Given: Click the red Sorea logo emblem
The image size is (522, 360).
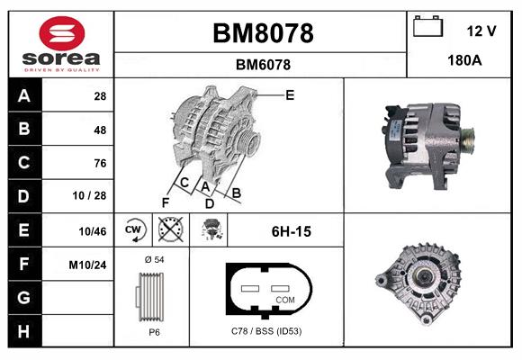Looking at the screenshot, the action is tap(62, 33).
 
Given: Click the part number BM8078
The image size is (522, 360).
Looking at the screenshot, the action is tap(263, 33).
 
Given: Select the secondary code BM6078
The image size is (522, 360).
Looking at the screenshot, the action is tap(263, 65).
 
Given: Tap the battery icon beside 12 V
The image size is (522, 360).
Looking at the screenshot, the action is tap(428, 26).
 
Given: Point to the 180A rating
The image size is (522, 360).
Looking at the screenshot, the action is tap(464, 60).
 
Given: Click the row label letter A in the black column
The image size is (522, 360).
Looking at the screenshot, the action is tap(24, 96).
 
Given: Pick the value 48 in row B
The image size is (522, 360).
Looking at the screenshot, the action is tap(100, 130).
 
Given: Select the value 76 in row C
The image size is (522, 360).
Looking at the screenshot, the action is tap(100, 163).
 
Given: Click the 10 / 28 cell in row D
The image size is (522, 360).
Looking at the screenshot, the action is tap(89, 195).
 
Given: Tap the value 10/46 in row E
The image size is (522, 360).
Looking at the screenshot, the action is tap(92, 231).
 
